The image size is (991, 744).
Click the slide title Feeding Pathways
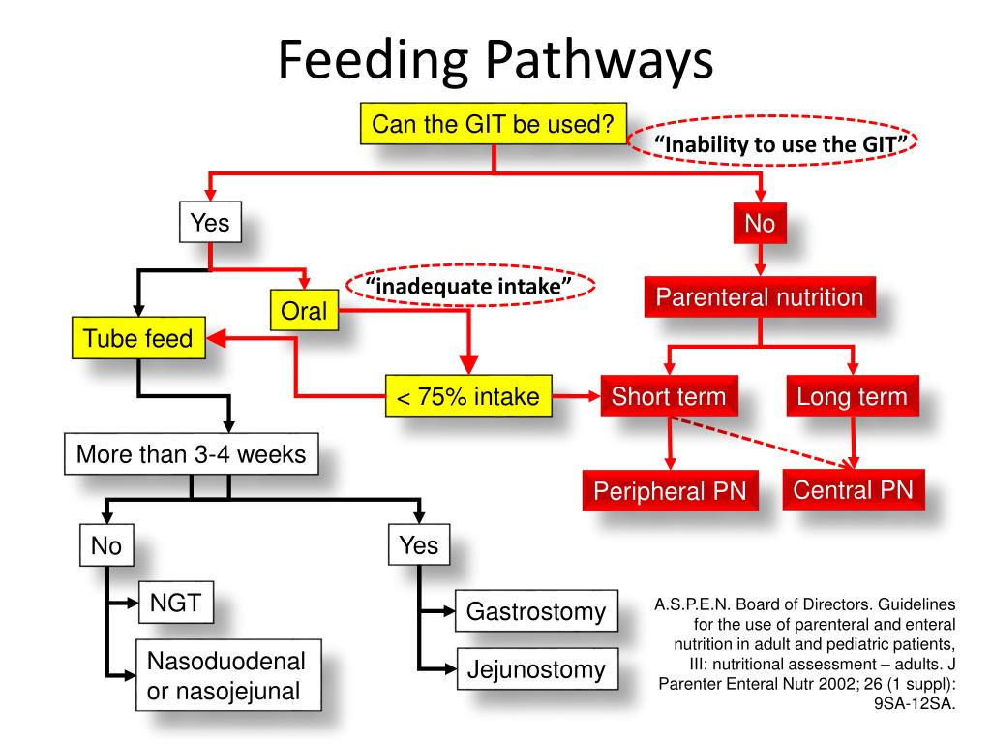pyautogui.click(x=495, y=60)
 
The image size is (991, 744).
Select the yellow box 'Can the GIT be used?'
pyautogui.click(x=494, y=124)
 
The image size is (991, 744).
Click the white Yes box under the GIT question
pyautogui.click(x=210, y=224)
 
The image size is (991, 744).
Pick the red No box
pyautogui.click(x=760, y=224)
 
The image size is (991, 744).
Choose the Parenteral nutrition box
pyautogui.click(x=760, y=297)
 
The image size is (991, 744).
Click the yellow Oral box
pyautogui.click(x=304, y=311)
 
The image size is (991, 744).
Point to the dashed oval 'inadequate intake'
pyautogui.click(x=469, y=287)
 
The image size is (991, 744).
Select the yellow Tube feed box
pyautogui.click(x=138, y=339)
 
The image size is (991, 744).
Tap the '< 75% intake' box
pyautogui.click(x=468, y=396)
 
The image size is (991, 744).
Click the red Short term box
pyautogui.click(x=668, y=396)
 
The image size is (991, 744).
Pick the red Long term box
pyautogui.click(x=852, y=396)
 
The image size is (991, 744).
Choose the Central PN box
pyautogui.click(x=853, y=490)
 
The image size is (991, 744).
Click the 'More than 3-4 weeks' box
pyautogui.click(x=192, y=454)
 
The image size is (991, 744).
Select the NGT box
pyautogui.click(x=175, y=604)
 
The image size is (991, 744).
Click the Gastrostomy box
pyautogui.click(x=536, y=611)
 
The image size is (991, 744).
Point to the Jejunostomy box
pyautogui.click(x=536, y=668)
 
